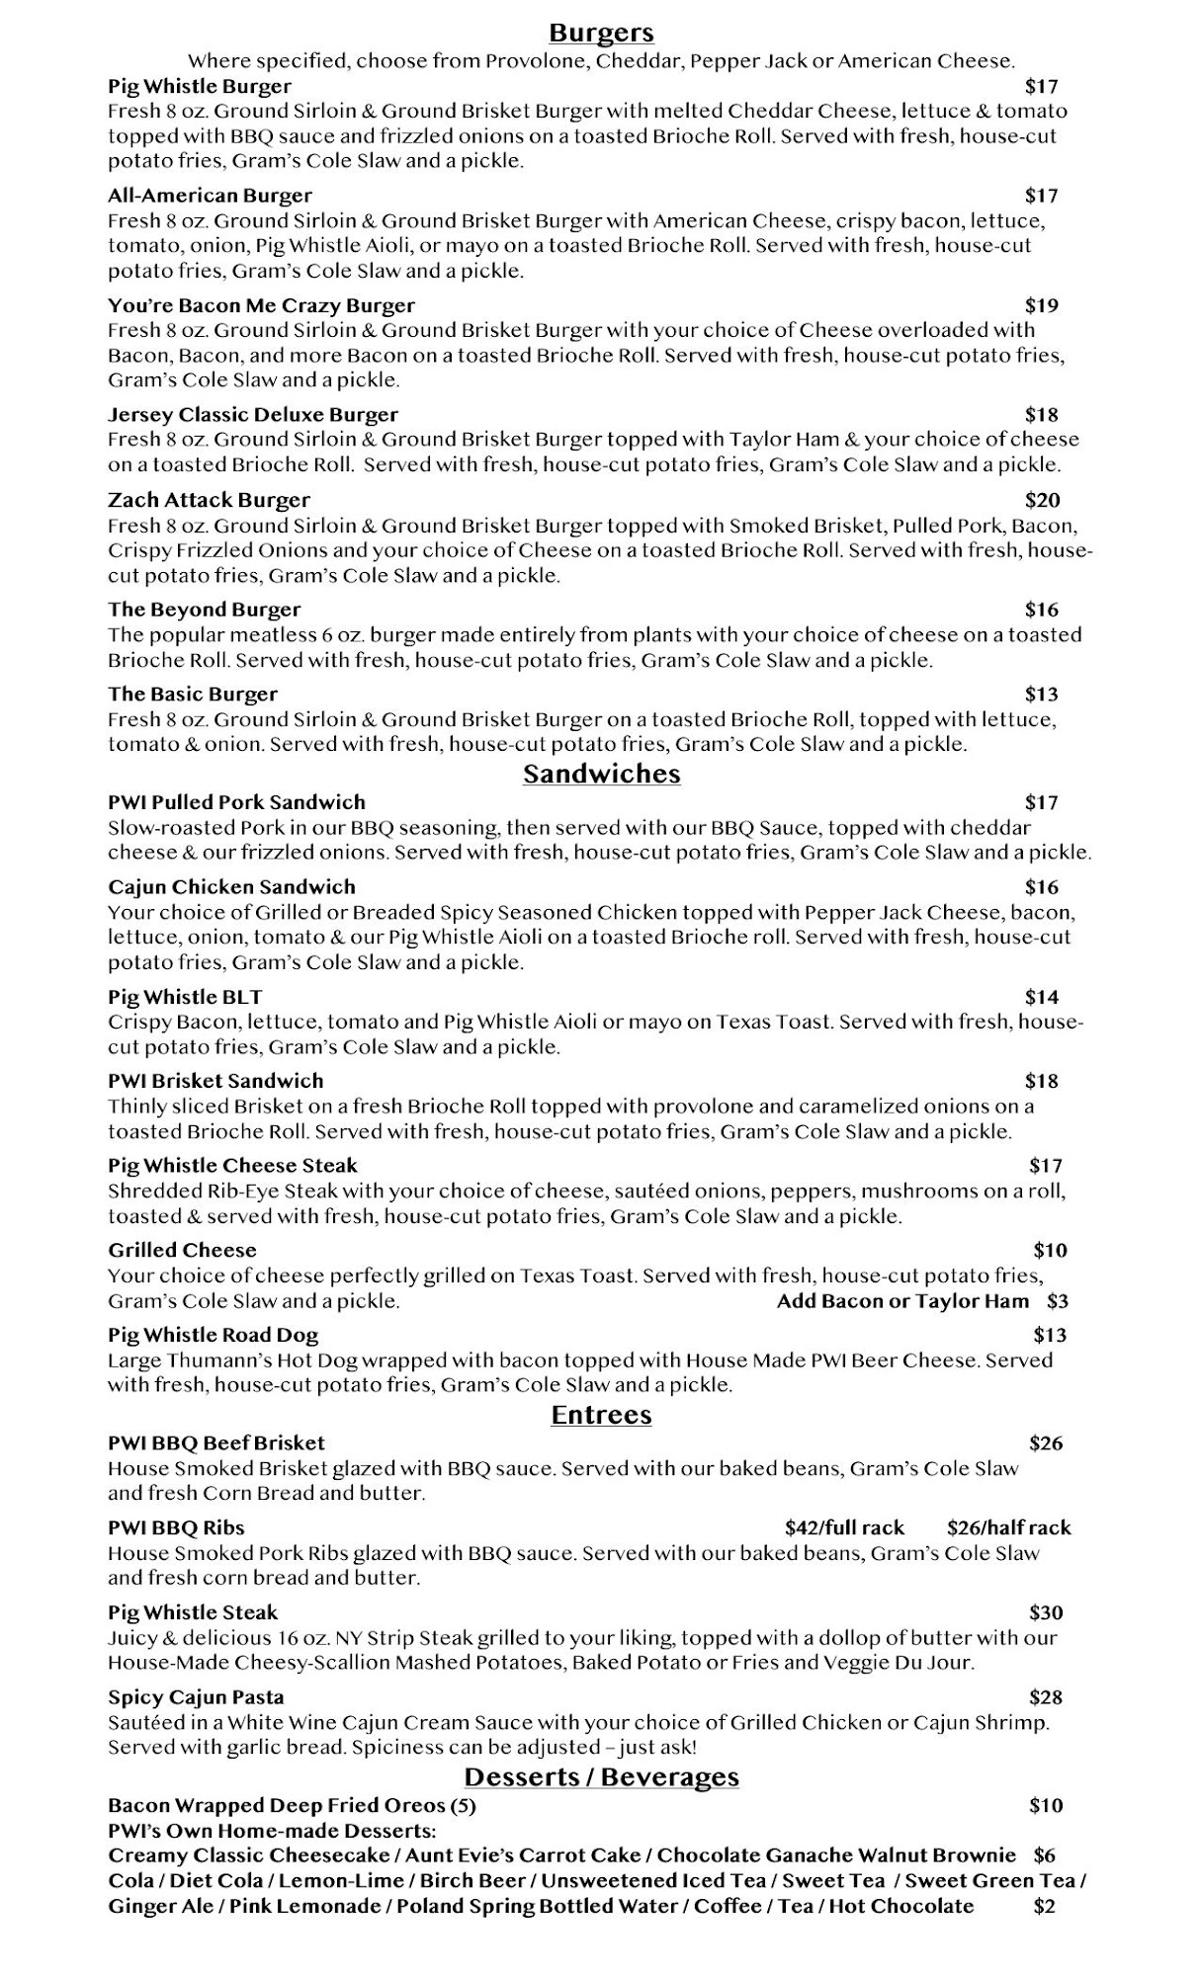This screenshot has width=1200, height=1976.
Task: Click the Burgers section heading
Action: coord(601,34)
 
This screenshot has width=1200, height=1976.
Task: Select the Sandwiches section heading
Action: coord(601,774)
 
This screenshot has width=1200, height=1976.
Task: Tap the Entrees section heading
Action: coord(601,1415)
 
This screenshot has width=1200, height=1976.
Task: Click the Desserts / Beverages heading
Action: coord(601,1776)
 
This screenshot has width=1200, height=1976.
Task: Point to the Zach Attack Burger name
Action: coord(209,500)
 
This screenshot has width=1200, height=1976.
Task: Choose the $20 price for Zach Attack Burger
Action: coord(1042,500)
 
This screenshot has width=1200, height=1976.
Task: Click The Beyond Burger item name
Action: coord(204,610)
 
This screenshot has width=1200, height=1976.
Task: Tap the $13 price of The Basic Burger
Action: coord(1042,694)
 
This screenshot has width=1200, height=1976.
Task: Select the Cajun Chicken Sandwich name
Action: coord(231,887)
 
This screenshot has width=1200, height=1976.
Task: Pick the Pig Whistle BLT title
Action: coord(185,997)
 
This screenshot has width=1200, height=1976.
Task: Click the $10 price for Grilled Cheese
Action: coord(1050,1250)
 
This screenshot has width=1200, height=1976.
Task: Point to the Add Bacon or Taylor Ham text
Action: coord(902,1301)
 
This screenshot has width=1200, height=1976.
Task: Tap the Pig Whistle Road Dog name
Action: coord(213,1335)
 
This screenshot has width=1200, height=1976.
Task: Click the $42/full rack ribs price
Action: coord(844,1527)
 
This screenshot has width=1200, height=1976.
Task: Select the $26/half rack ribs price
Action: coord(1008,1527)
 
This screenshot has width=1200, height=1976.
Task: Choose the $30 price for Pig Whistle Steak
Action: coord(1046,1612)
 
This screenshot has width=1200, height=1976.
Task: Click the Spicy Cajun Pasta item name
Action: coord(196,1697)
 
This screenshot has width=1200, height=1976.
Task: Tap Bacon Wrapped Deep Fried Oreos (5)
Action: coord(292,1806)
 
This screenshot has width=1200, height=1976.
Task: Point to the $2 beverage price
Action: coord(1044,1906)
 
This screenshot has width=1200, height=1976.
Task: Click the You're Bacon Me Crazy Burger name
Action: coord(261,305)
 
